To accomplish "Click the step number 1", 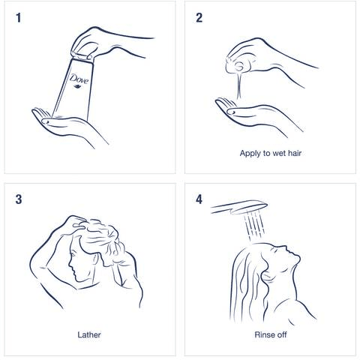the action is tap(19, 18).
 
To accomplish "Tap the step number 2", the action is tap(199, 18).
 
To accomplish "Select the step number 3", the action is tap(19, 199).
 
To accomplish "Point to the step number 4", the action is tap(199, 199).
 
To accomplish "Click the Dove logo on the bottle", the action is tap(79, 81).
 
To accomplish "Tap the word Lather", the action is tap(89, 334).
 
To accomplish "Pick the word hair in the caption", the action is tap(295, 153).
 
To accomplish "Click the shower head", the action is tap(239, 208).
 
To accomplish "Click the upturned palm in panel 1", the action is tap(67, 125).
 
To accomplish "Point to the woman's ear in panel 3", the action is tap(96, 259).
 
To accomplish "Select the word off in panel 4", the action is tap(283, 334).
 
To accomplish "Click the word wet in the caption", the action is tap(278, 153).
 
